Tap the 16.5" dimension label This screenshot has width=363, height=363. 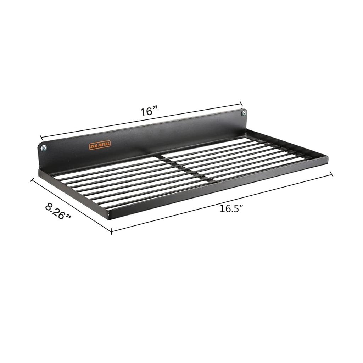pos(231,208)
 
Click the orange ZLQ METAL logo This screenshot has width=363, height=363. pos(100,144)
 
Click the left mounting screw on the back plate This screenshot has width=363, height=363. pos(44,148)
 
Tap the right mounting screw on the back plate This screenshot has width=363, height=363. pos(243,113)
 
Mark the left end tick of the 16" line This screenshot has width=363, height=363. pos(41,137)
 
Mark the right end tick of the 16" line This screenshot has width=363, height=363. pos(242,103)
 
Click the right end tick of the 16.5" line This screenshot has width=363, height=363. pos(332,174)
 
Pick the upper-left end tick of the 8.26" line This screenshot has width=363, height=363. pos(32,180)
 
